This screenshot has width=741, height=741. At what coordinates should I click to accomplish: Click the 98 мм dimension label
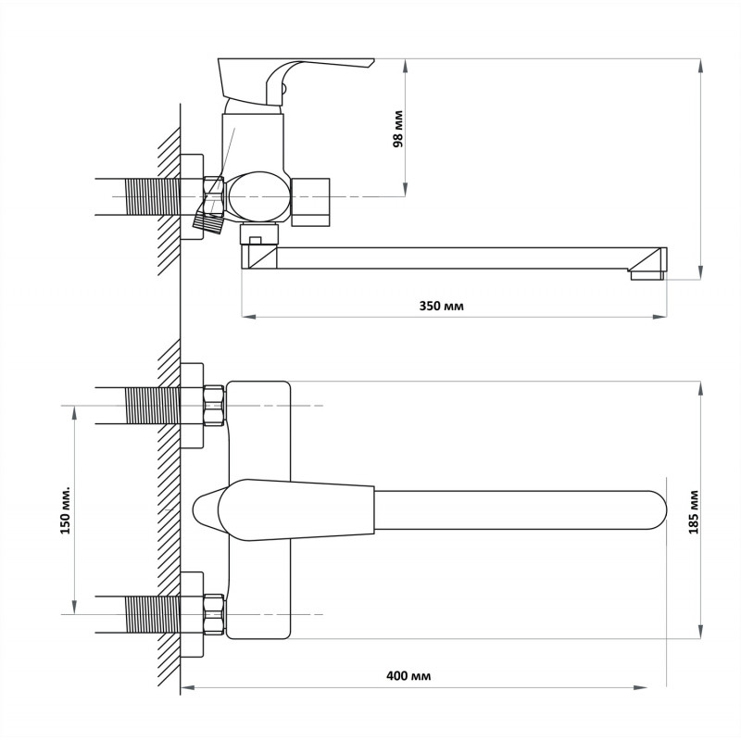coord(398,129)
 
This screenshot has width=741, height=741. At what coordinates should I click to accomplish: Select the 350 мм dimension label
coord(442,307)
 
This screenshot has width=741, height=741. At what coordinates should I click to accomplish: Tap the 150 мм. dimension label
coord(66,509)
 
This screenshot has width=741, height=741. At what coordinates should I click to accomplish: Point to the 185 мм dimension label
coord(694,513)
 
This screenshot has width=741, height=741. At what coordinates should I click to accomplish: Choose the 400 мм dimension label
coord(408,676)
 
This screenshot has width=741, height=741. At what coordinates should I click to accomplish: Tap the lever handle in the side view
coord(295,82)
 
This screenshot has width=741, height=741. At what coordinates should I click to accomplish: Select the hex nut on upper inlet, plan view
coord(214,406)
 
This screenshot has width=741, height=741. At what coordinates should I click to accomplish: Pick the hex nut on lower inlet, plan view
coord(214,614)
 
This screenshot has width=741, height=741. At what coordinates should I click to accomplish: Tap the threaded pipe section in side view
coord(151,196)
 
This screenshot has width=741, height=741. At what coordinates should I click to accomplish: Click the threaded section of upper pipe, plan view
coord(151,406)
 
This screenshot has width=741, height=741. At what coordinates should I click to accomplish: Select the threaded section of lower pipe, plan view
coord(151,614)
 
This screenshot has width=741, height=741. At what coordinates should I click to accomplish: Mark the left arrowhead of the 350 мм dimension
coord(248,316)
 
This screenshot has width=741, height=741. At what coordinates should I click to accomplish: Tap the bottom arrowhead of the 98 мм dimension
coord(406,189)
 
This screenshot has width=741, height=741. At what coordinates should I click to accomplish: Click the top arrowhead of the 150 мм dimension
coord(74,413)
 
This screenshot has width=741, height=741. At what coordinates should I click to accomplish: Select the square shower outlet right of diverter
coord(310,202)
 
